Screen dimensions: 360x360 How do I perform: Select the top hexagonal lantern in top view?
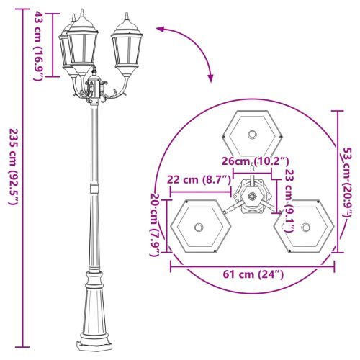click(251, 133)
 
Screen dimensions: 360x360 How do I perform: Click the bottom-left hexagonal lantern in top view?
click(198, 227)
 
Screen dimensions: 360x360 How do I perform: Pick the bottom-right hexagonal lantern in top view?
click(305, 227)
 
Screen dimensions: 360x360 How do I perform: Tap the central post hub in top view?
click(251, 197)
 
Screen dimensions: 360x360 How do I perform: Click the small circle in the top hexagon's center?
click(251, 135)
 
